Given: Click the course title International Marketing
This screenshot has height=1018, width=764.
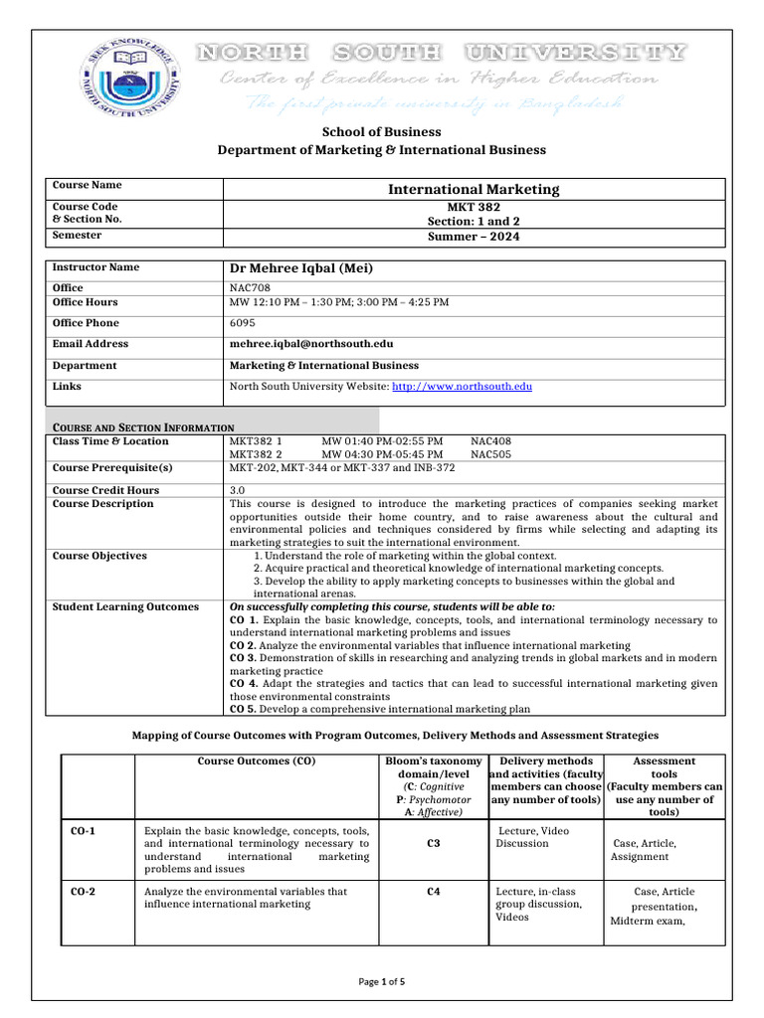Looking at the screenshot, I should (x=474, y=189).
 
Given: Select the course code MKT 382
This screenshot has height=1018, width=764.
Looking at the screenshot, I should (x=474, y=206).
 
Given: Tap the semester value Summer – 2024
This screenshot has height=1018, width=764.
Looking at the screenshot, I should (x=474, y=237).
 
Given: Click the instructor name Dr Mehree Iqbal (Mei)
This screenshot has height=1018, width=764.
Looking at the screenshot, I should (x=300, y=268).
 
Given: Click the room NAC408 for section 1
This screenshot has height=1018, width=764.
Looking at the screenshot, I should (x=490, y=440).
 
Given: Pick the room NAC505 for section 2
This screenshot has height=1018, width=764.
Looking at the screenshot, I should (x=490, y=454).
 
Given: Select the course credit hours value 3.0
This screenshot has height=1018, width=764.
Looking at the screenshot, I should (x=238, y=490).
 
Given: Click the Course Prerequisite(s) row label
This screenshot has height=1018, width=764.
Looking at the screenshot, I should (x=112, y=467).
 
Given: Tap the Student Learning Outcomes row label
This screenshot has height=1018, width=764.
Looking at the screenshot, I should (x=125, y=606).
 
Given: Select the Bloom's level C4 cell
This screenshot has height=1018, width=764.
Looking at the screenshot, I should (x=434, y=892).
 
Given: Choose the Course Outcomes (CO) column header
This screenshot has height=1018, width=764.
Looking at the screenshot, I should (x=258, y=762).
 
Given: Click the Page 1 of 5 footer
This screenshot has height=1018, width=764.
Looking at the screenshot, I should (x=382, y=982).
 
